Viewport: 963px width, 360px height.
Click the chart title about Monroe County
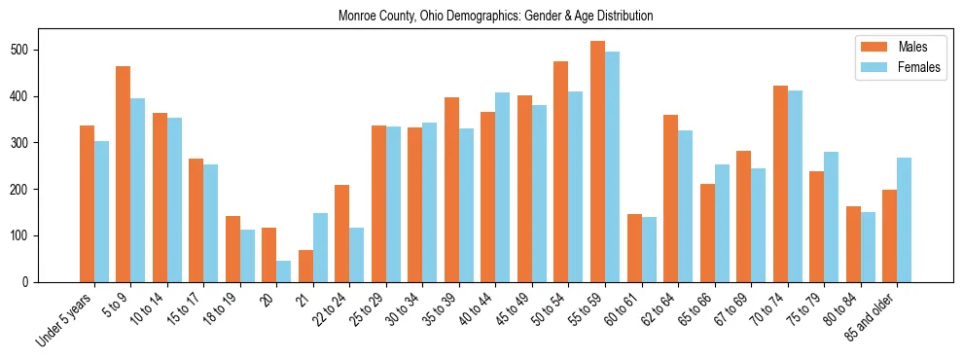pos(495,17)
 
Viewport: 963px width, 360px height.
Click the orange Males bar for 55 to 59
pos(597,162)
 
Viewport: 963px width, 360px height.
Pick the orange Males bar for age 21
pos(305,267)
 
